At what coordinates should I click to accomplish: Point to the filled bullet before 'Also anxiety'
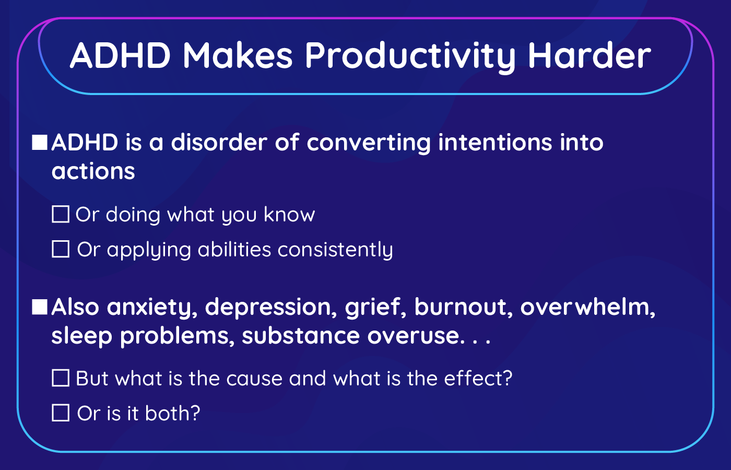pyautogui.click(x=40, y=307)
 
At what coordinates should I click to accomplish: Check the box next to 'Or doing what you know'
pyautogui.click(x=61, y=214)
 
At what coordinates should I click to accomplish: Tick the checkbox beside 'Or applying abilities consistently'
pyautogui.click(x=61, y=249)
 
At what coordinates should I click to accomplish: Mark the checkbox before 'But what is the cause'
pyautogui.click(x=61, y=378)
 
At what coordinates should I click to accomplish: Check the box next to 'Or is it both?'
pyautogui.click(x=61, y=413)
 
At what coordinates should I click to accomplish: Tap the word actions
pyautogui.click(x=93, y=171)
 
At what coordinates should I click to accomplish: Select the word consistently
pyautogui.click(x=335, y=250)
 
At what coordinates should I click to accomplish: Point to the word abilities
pyautogui.click(x=234, y=250)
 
